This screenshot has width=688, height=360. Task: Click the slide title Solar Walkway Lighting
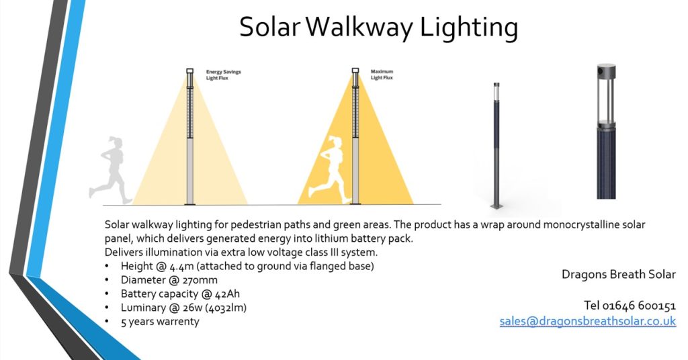tap(378, 28)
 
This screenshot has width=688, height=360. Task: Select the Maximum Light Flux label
tap(382, 74)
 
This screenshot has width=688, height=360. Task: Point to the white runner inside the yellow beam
tap(334, 168)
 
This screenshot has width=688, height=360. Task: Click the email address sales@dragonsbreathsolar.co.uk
tap(587, 321)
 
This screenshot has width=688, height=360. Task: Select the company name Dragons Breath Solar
tap(618, 274)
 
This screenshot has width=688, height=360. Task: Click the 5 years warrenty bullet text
tap(160, 321)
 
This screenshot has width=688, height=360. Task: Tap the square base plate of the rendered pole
tap(498, 205)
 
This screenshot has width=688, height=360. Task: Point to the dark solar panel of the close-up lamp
tap(606, 164)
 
